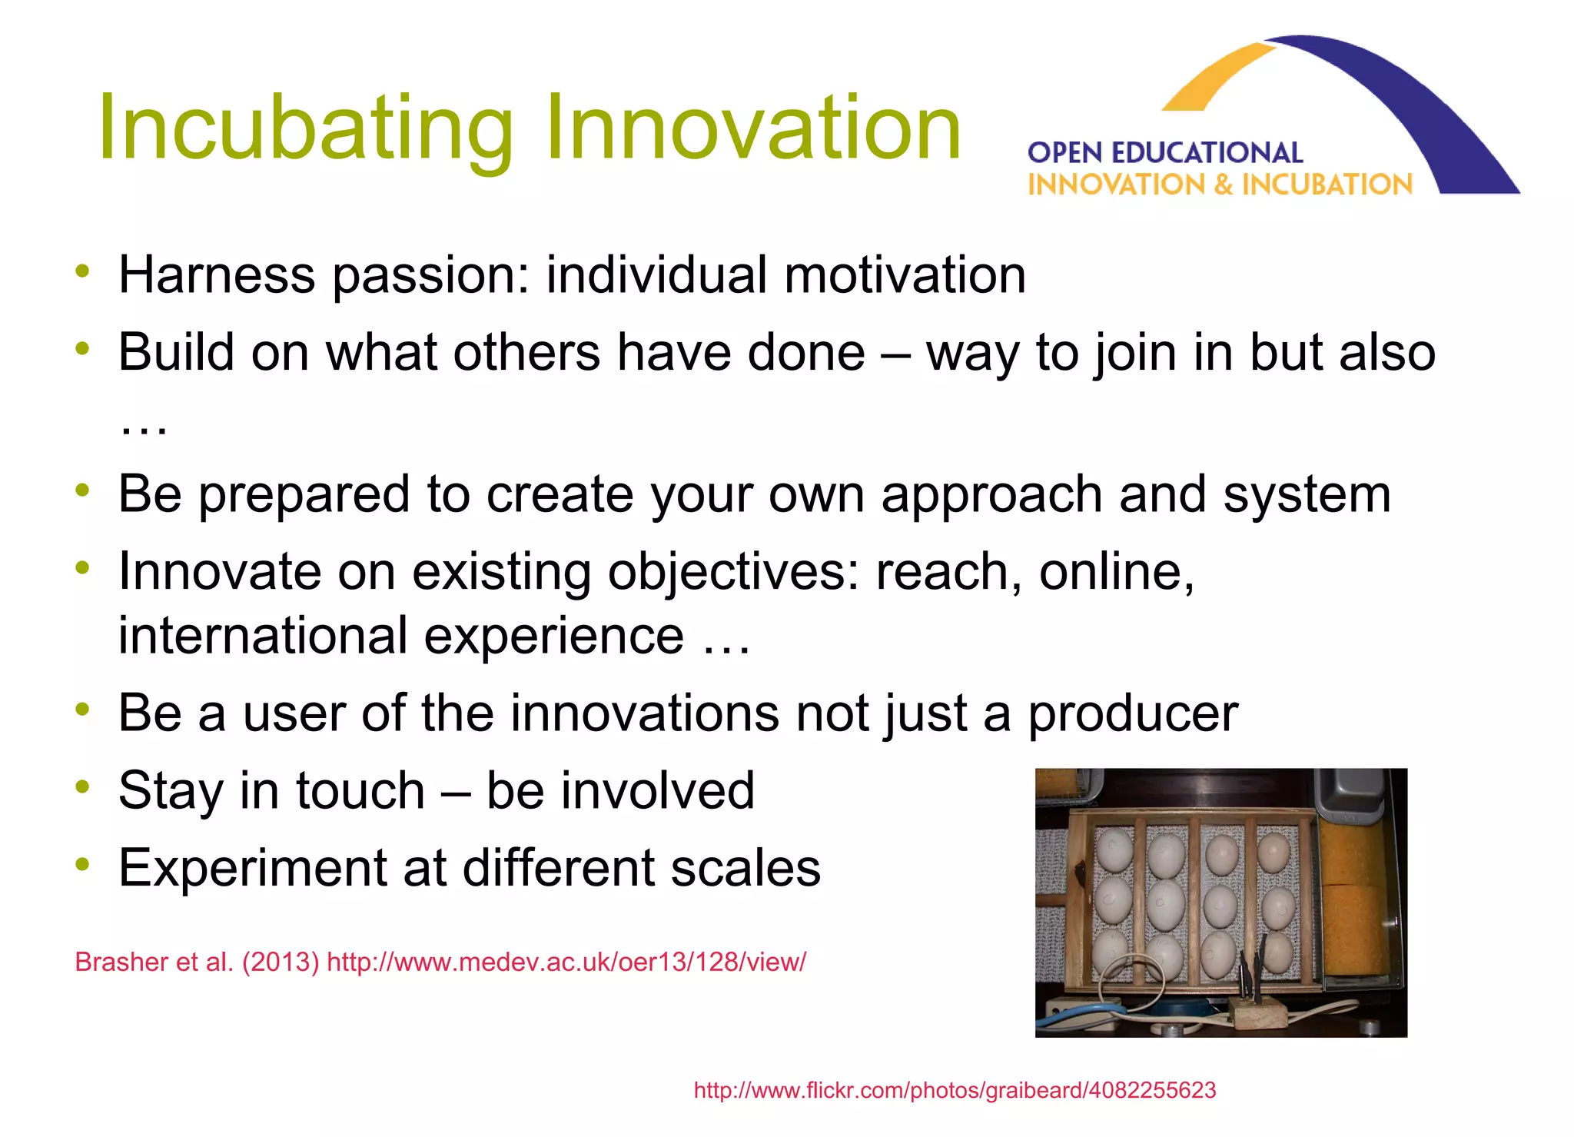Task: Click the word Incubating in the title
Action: pos(305,128)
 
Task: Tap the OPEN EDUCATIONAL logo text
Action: pos(1164,153)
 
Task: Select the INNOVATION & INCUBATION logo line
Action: pos(1220,185)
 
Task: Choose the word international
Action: pos(262,636)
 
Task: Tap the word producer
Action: pos(1133,714)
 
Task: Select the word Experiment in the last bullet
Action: pos(251,869)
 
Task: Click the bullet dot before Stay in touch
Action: pos(83,786)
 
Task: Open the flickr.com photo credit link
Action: pos(955,1090)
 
